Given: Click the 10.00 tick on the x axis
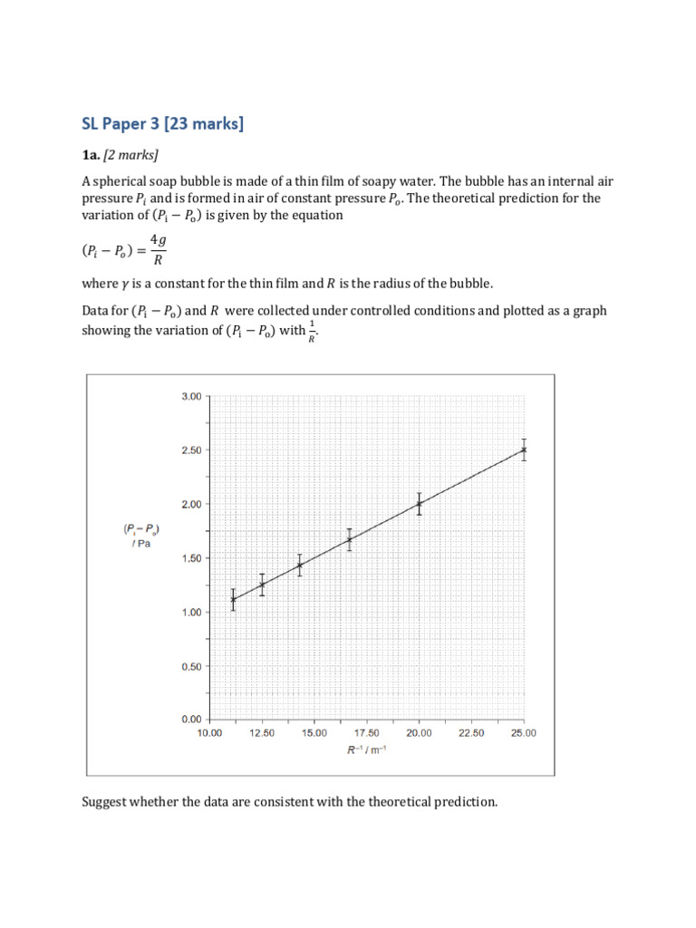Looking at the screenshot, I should [209, 733].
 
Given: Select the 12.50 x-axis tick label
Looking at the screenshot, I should [262, 733].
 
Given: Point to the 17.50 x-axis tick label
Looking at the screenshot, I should [366, 733].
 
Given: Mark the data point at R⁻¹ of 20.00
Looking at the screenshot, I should [419, 503].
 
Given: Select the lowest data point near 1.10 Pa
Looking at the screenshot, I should [233, 599].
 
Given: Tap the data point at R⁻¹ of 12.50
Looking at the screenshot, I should [262, 585].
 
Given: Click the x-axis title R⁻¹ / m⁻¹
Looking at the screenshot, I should [366, 751].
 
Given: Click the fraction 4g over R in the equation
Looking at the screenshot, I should [159, 249].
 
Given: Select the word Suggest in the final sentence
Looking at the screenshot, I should [106, 802].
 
